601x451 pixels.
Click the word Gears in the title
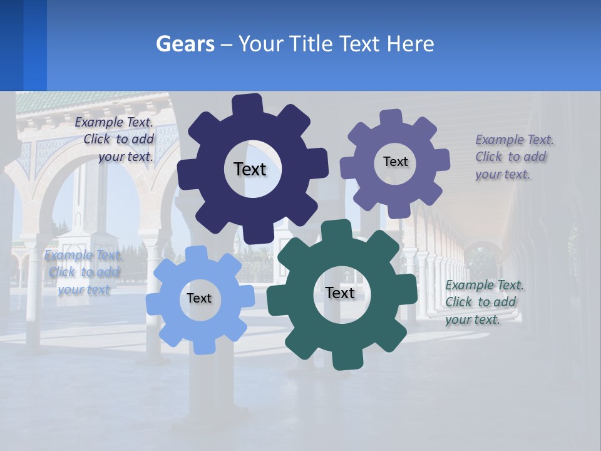tap(185, 44)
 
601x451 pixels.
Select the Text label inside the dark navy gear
tap(250, 169)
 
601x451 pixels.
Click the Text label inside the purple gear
tap(395, 162)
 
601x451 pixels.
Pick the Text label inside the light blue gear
tap(198, 298)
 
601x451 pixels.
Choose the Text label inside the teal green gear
tap(340, 293)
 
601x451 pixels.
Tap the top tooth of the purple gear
tap(391, 118)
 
